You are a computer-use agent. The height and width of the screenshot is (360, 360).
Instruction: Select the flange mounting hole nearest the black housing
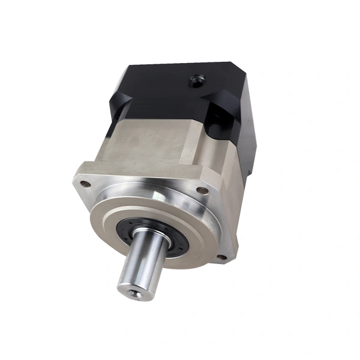point(203,190)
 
